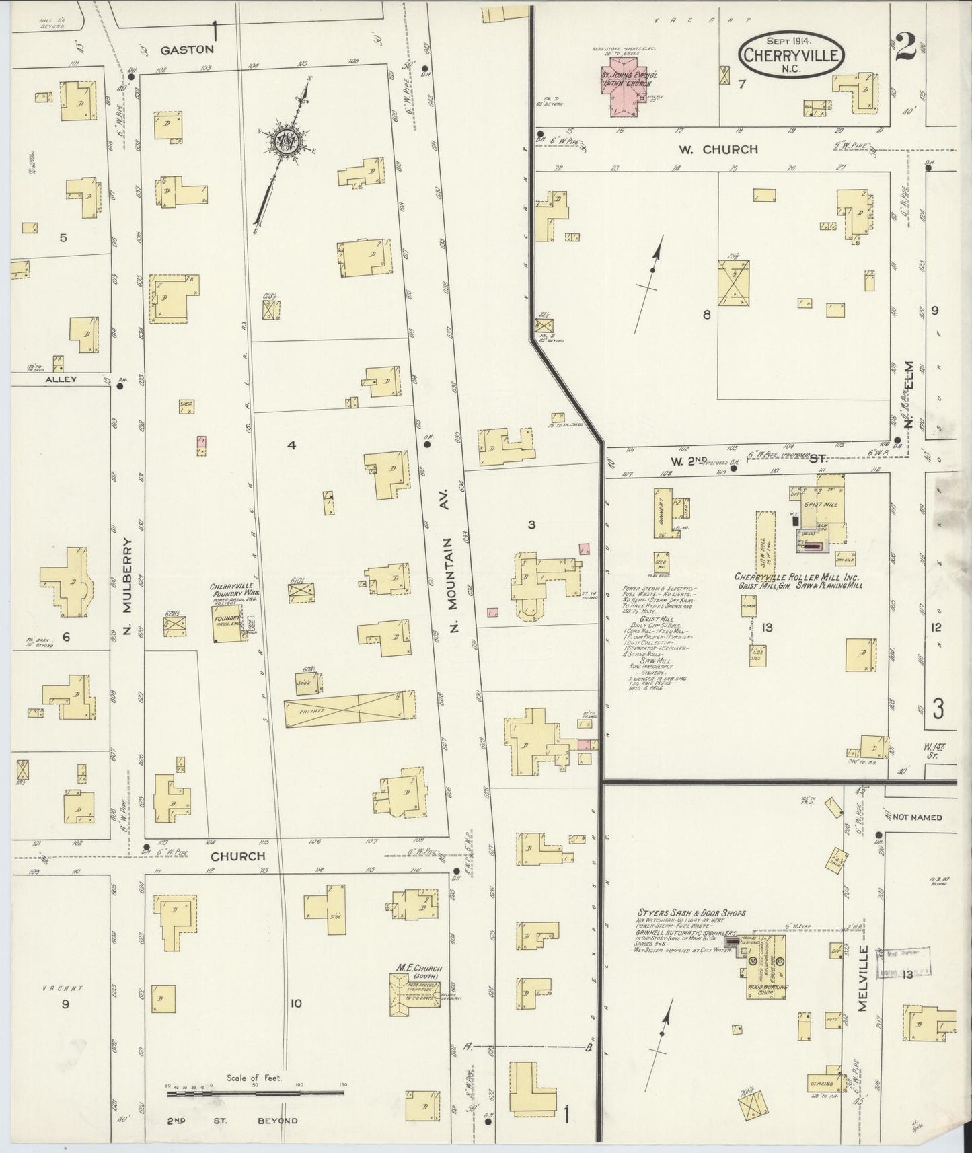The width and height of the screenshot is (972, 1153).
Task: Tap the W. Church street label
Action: pyautogui.click(x=718, y=149)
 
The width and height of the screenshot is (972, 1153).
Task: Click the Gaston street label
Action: pyautogui.click(x=187, y=50)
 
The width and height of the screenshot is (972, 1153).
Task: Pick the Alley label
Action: pyautogui.click(x=61, y=379)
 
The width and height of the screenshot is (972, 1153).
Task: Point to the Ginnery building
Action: pyautogui.click(x=662, y=512)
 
